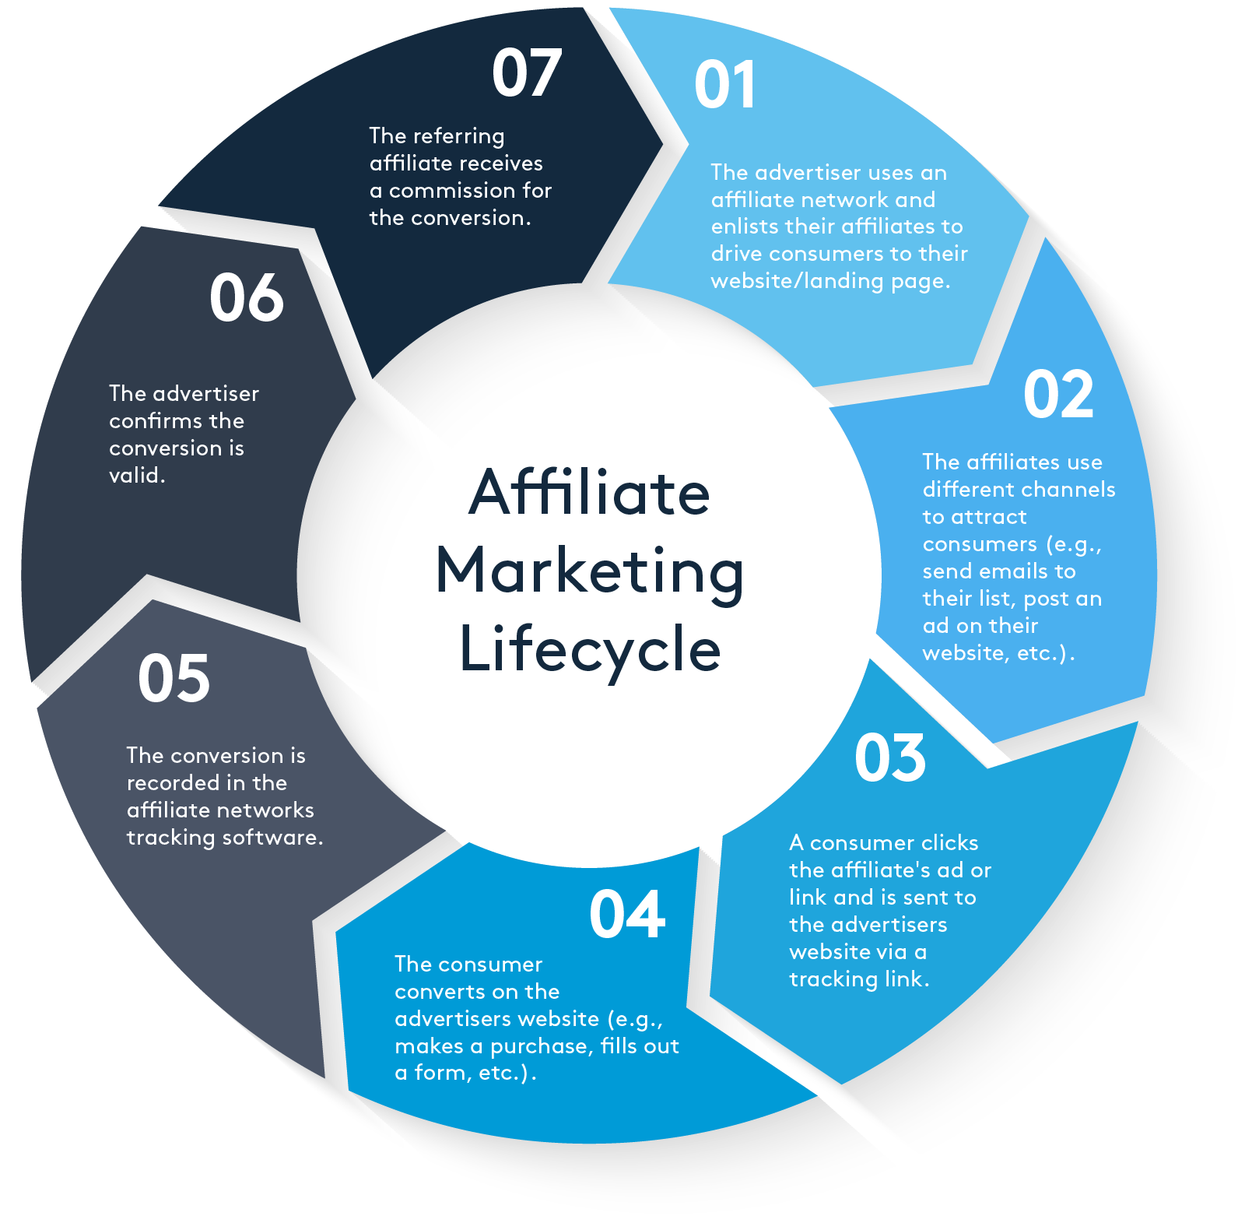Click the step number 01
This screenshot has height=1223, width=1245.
click(x=724, y=85)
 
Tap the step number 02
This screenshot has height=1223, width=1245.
click(x=1058, y=395)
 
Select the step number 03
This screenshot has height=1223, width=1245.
click(x=890, y=758)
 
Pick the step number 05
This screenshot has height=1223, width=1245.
click(x=174, y=679)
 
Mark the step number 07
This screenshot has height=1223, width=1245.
click(x=527, y=73)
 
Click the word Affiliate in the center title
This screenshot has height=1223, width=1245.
click(x=590, y=493)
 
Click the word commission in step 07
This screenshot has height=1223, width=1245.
click(x=453, y=191)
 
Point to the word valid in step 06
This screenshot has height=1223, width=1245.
click(x=136, y=476)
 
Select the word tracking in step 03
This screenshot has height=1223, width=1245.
click(x=822, y=979)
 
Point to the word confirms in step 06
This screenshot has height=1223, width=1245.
click(x=156, y=421)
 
